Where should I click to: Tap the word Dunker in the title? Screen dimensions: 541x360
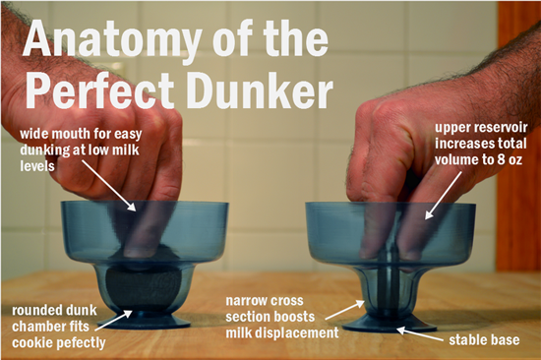(260, 90)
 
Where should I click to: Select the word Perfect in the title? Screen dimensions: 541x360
(100, 91)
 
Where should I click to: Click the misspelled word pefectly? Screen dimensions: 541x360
(82, 342)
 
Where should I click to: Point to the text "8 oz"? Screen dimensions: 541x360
(511, 159)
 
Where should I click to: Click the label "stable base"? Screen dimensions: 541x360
(484, 340)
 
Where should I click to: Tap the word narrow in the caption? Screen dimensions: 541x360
(245, 301)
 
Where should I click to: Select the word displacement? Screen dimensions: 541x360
(297, 333)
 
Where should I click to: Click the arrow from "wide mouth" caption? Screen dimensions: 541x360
(108, 185)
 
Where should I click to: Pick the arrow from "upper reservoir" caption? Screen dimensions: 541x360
(443, 196)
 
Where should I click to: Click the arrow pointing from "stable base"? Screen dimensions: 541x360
(419, 334)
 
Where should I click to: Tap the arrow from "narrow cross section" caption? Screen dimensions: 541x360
(345, 310)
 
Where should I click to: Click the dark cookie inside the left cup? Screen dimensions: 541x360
(143, 289)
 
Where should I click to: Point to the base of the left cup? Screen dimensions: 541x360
(144, 321)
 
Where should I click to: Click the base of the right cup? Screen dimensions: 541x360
(390, 324)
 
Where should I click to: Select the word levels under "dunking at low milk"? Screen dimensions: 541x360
(37, 166)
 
